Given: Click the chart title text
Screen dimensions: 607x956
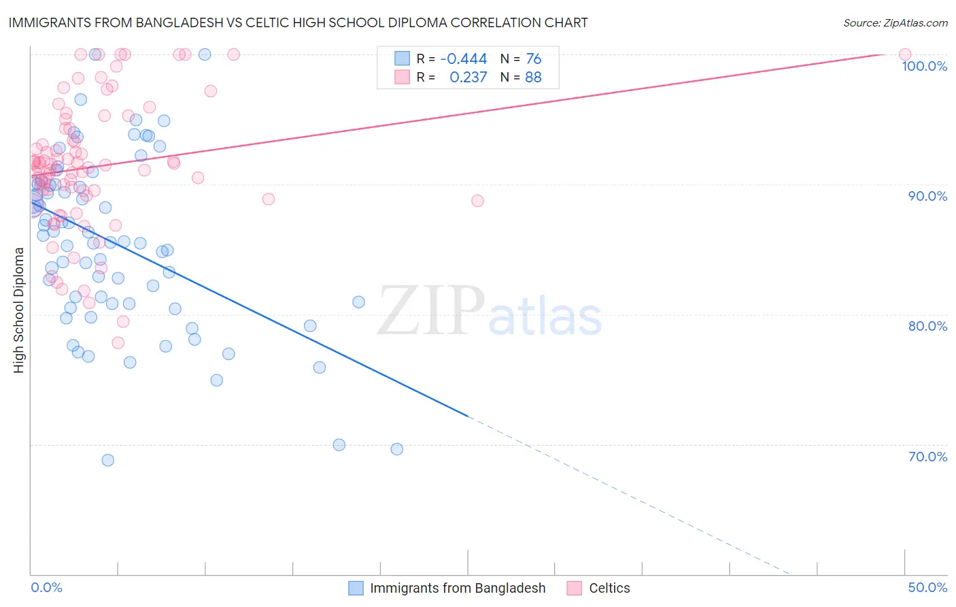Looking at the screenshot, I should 298,22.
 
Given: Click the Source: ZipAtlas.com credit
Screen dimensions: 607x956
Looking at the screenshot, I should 895,23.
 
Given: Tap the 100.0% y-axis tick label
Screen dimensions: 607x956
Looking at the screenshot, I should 924,66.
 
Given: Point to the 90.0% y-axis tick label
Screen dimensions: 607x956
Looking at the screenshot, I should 927,196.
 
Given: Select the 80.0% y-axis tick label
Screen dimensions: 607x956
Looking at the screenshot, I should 927,326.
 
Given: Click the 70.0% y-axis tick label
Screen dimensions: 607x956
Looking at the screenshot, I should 927,457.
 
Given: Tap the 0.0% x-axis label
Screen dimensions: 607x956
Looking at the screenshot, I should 46,587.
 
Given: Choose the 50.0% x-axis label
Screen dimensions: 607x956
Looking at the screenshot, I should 927,587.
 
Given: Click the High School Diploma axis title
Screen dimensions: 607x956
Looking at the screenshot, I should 19,310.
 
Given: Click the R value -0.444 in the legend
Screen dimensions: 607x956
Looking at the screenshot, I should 464,59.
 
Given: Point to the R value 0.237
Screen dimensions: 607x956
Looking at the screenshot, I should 468,78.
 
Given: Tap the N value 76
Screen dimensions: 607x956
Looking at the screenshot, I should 534,59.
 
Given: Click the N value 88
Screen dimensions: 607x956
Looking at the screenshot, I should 534,78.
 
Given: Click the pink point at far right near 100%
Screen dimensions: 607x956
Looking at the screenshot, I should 905,54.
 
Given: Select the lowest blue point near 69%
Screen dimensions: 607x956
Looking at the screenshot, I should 107,460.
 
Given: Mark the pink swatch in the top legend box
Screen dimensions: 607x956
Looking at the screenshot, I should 403,77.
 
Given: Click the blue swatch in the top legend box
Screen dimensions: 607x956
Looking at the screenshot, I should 403,59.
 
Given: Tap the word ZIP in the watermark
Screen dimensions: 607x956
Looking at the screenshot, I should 431,311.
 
